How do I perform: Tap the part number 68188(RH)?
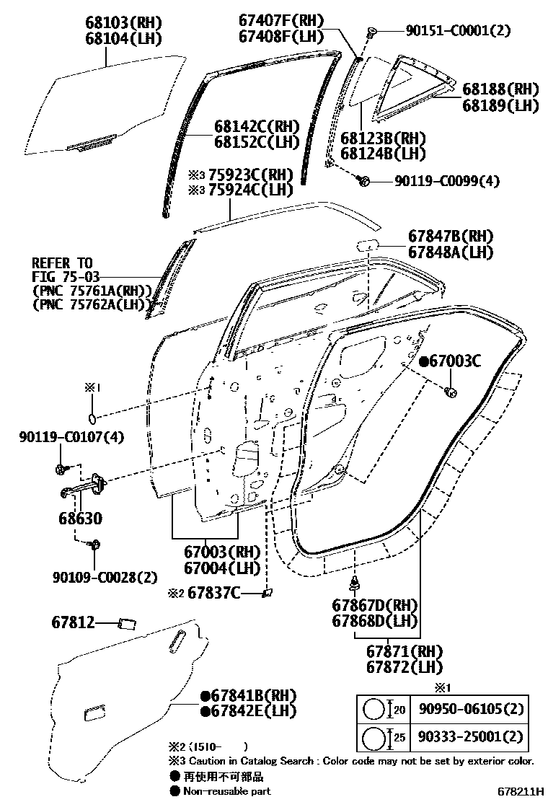click(x=500, y=89)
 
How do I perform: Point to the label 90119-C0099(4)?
click(x=447, y=181)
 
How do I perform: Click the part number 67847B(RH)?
click(x=447, y=237)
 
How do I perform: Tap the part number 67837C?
click(x=214, y=593)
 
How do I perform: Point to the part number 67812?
click(x=73, y=622)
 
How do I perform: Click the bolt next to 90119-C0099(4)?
click(x=365, y=180)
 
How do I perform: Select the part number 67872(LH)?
click(x=404, y=668)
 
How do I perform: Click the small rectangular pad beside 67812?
click(x=128, y=622)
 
